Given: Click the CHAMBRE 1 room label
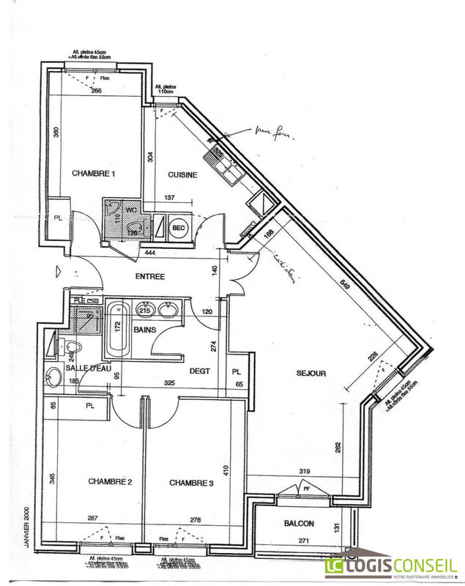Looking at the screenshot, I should point(94,174).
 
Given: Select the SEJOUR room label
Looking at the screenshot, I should point(311,374).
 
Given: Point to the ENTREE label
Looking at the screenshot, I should point(150,276).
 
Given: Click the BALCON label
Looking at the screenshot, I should point(299,523).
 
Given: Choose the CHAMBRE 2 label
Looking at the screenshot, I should point(110,482).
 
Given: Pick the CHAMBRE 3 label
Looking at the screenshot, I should point(191,483).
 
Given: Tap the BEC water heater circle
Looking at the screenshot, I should point(178,227).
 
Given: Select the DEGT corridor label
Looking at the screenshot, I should point(200,371).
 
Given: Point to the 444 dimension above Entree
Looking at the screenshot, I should point(149,253).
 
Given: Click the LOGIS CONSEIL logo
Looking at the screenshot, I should point(391,565).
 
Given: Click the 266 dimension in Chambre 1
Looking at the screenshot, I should point(96,92).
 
